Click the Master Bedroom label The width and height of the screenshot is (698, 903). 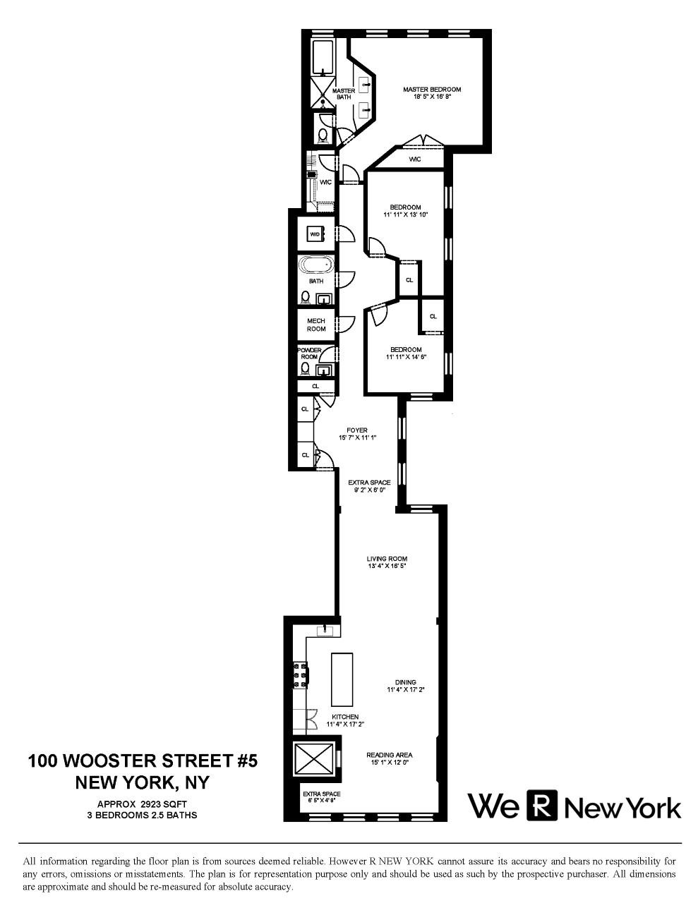pyautogui.click(x=431, y=90)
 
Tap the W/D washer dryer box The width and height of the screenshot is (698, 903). pyautogui.click(x=315, y=234)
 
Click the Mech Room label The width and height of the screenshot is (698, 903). pyautogui.click(x=315, y=325)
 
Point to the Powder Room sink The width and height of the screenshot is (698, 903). pyautogui.click(x=324, y=370)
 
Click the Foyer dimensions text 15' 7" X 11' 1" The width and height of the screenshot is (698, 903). pyautogui.click(x=356, y=437)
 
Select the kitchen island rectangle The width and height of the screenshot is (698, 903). pyautogui.click(x=342, y=679)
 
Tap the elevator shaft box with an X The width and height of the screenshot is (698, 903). pyautogui.click(x=313, y=759)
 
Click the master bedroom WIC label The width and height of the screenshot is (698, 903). pyautogui.click(x=415, y=160)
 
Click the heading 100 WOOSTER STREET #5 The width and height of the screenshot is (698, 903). pyautogui.click(x=143, y=761)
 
